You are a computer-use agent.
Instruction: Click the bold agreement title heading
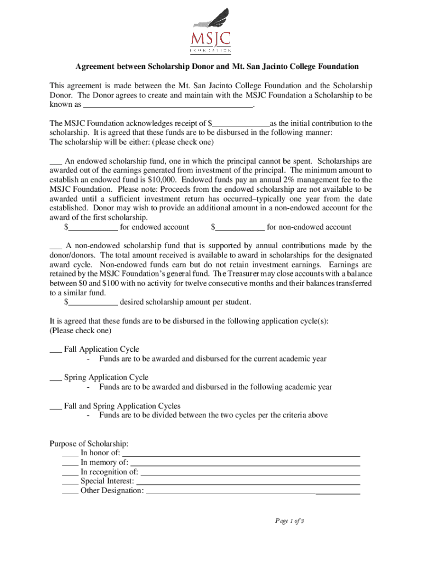tap(216, 67)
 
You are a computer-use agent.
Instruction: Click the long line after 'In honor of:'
tap(241, 454)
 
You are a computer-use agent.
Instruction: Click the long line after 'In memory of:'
tap(245, 463)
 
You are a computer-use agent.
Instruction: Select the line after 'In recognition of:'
tap(250, 472)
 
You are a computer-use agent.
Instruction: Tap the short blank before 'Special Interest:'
tap(70, 482)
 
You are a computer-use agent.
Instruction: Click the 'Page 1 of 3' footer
tap(289, 521)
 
